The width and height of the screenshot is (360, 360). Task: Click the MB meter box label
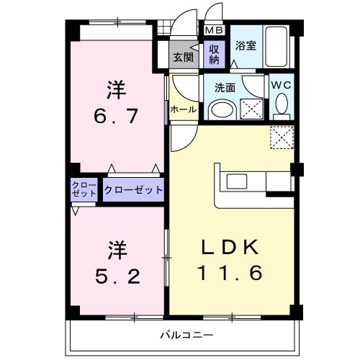pyautogui.click(x=214, y=30)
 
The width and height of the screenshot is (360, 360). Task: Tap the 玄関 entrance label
pyautogui.click(x=183, y=57)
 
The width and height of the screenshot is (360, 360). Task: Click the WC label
pyautogui.click(x=281, y=84)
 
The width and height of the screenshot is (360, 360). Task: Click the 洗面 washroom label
pyautogui.click(x=225, y=88)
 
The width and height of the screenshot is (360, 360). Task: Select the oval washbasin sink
pyautogui.click(x=224, y=110)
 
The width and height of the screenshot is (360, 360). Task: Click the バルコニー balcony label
pyautogui.click(x=183, y=335)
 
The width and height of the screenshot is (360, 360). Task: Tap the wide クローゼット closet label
pyautogui.click(x=133, y=191)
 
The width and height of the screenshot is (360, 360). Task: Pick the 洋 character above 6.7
pyautogui.click(x=117, y=91)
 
